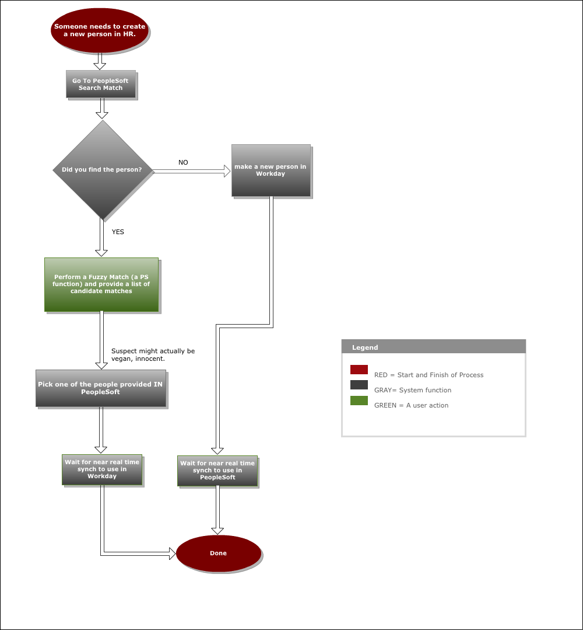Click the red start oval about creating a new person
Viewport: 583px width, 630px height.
(x=100, y=30)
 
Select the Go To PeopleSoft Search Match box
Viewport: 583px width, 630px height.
(x=101, y=84)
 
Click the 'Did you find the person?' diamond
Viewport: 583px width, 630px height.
(x=103, y=170)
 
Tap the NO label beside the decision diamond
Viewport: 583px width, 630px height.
(x=183, y=162)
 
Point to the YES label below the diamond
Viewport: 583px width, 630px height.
(x=118, y=232)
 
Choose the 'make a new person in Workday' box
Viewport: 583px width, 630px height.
(x=271, y=170)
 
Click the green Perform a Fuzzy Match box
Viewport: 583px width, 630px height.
(x=101, y=284)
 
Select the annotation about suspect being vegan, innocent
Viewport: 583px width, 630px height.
(x=153, y=355)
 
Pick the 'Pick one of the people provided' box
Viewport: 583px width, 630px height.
(x=101, y=388)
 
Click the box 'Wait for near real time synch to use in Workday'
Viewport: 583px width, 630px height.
(x=102, y=469)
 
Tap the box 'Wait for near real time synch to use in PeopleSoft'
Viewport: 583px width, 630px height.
(x=217, y=471)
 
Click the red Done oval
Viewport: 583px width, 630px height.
(x=219, y=554)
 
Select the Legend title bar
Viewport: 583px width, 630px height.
(x=434, y=346)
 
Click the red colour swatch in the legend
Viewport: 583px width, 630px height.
(x=359, y=370)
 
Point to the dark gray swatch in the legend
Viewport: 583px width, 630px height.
(x=359, y=385)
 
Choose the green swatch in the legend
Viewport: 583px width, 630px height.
(x=359, y=401)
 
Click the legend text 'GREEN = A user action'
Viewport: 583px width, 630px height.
(x=411, y=405)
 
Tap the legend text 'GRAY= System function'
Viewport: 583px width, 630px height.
(x=413, y=390)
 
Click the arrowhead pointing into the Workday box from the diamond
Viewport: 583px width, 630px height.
(x=227, y=171)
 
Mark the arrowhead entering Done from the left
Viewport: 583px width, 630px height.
(x=173, y=554)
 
